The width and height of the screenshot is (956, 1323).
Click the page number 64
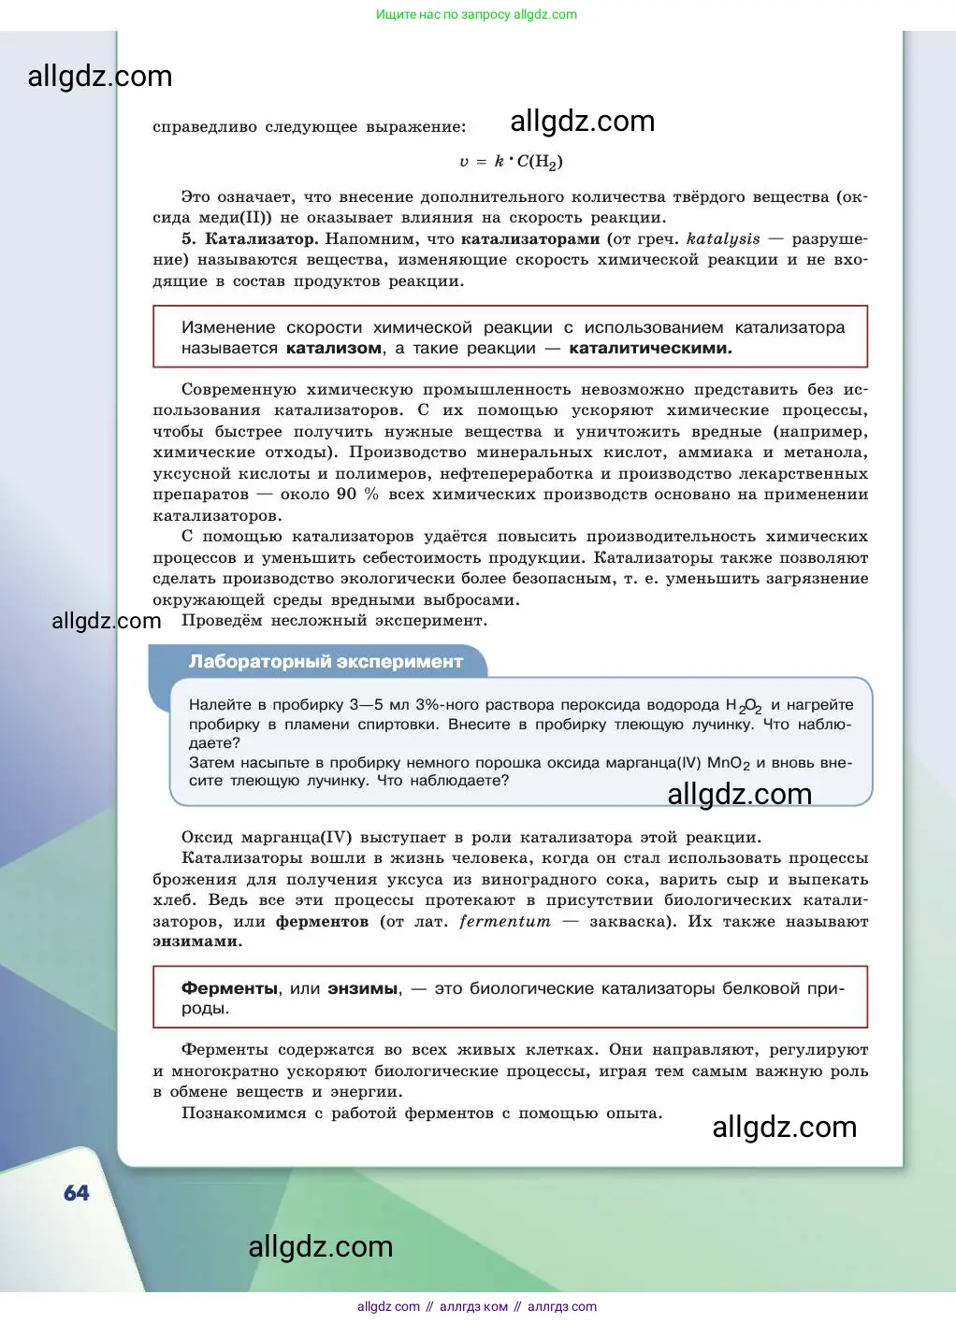pyautogui.click(x=77, y=1193)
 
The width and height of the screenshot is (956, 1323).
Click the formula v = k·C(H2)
pyautogui.click(x=511, y=162)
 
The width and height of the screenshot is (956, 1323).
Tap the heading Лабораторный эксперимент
pyautogui.click(x=326, y=662)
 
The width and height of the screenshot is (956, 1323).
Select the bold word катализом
pyautogui.click(x=334, y=349)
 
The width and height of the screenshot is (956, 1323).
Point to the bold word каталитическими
pyautogui.click(x=650, y=349)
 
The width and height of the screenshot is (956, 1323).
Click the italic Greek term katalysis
pyautogui.click(x=723, y=239)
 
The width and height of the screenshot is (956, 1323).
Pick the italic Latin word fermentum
pyautogui.click(x=504, y=922)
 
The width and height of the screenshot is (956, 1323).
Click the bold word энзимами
pyautogui.click(x=197, y=942)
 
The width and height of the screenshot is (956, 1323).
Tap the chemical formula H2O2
pyautogui.click(x=744, y=706)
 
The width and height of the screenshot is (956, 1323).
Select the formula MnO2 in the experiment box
pyautogui.click(x=729, y=763)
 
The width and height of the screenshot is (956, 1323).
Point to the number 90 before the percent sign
pyautogui.click(x=346, y=495)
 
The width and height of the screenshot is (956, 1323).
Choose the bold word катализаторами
pyautogui.click(x=530, y=239)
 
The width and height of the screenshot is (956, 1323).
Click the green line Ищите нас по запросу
pyautogui.click(x=476, y=14)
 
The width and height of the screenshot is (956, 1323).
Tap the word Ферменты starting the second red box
pyautogui.click(x=230, y=988)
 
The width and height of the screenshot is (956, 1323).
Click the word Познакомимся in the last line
pyautogui.click(x=243, y=1114)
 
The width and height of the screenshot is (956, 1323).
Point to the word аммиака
pyautogui.click(x=715, y=453)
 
